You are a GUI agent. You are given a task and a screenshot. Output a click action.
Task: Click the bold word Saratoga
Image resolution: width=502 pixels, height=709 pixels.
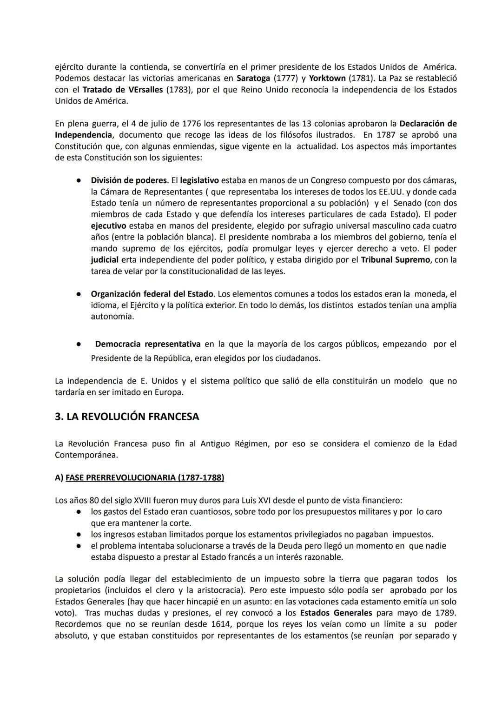(x=253, y=78)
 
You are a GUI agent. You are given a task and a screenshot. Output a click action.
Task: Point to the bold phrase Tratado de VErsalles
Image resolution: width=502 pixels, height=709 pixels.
(x=123, y=89)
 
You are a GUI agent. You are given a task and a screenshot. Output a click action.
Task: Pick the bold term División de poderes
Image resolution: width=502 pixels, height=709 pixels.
(x=129, y=180)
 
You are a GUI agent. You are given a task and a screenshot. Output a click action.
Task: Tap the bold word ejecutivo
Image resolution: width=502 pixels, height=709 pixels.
(x=108, y=225)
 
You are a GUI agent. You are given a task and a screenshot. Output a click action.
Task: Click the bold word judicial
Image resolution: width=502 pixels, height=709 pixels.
(x=105, y=259)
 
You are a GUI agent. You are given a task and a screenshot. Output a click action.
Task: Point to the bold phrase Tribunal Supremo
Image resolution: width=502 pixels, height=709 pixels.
(x=395, y=259)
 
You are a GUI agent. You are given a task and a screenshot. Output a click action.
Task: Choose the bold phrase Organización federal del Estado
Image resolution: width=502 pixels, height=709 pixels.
(x=152, y=294)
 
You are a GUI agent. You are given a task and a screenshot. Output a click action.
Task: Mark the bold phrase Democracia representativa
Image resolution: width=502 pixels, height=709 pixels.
(x=148, y=344)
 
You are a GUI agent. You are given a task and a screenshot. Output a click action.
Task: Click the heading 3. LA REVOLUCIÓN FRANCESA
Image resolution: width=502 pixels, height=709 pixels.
(x=127, y=417)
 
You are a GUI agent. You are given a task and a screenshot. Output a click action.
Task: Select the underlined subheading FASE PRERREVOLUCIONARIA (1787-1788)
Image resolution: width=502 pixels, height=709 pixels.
(x=145, y=478)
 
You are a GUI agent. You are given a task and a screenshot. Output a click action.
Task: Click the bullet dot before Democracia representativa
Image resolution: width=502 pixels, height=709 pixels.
(x=79, y=345)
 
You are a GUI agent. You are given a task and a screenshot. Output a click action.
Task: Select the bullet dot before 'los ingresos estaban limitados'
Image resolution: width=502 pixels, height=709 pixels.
(x=79, y=535)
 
